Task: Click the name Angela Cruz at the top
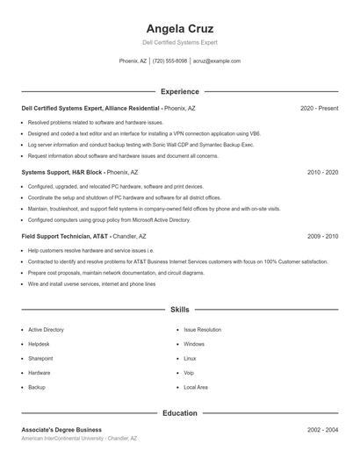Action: (x=179, y=29)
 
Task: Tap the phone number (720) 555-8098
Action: (x=169, y=61)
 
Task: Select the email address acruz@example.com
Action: (x=216, y=61)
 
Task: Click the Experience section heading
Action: (x=179, y=91)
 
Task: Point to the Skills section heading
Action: (x=179, y=310)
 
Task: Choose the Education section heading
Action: (x=179, y=412)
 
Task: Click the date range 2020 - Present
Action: (x=319, y=108)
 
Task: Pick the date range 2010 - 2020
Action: (x=322, y=172)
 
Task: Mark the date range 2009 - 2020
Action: (x=322, y=236)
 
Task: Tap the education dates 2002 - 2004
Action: (x=322, y=430)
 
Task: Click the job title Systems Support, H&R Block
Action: (x=61, y=172)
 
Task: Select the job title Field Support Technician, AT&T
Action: (x=65, y=236)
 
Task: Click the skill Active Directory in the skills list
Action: (x=46, y=330)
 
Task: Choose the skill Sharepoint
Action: (x=40, y=358)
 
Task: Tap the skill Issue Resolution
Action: (x=202, y=330)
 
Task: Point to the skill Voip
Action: (x=189, y=372)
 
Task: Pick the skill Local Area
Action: (x=195, y=387)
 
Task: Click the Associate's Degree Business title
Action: (x=61, y=430)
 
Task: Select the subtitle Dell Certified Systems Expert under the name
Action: (x=179, y=42)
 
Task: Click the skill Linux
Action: (x=190, y=358)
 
